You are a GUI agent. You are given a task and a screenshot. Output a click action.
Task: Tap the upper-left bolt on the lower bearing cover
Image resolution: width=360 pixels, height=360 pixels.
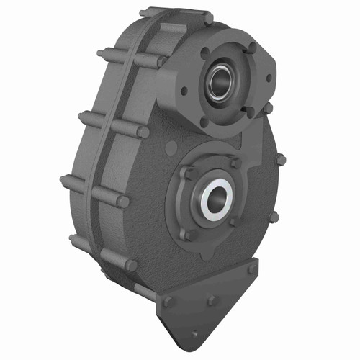(189, 174)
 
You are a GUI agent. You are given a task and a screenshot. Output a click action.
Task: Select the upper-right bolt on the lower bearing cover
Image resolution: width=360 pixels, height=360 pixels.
(235, 163)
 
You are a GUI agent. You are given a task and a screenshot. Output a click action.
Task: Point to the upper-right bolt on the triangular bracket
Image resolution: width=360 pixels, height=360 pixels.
(251, 269)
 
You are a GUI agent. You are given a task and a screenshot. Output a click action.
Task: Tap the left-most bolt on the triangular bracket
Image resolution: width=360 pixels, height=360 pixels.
(168, 302)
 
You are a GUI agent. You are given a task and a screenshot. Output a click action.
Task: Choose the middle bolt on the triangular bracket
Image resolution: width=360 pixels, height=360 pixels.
(212, 300)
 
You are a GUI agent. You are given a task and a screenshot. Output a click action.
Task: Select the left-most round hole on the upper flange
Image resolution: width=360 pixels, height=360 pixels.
(186, 91)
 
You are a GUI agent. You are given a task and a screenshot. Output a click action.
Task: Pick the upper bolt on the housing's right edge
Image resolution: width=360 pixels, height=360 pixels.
(279, 159)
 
